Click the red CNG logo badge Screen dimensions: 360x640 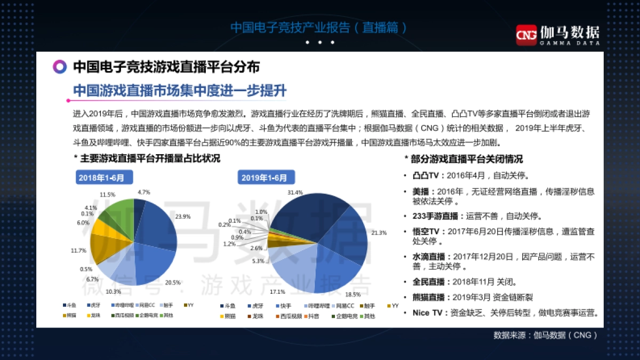[x=526, y=35]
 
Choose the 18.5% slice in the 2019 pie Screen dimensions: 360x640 [x=341, y=267]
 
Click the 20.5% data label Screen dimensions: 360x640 [x=173, y=282]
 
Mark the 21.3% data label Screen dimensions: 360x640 [x=379, y=232]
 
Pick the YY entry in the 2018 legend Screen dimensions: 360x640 [x=189, y=305]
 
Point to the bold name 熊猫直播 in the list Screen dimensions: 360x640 [x=430, y=297]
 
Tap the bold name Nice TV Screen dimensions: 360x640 [x=427, y=313]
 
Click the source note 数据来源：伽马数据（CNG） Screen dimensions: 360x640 [x=546, y=335]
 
